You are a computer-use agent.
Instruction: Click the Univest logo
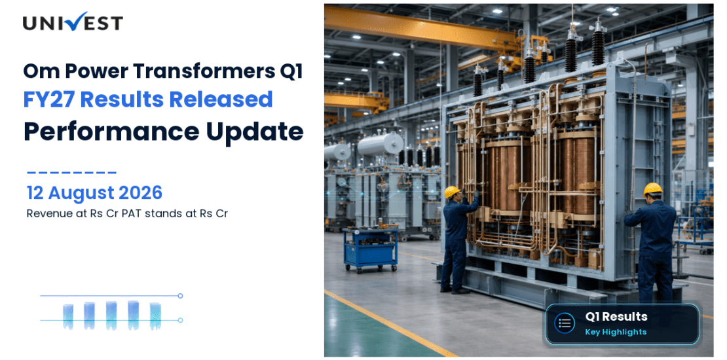click(x=73, y=22)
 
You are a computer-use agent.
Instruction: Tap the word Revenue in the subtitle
click(x=44, y=214)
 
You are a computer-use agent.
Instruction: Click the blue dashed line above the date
click(x=71, y=173)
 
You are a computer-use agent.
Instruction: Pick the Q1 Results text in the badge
click(x=616, y=317)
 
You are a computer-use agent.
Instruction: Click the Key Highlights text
click(x=615, y=332)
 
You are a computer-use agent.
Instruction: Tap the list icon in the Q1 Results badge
click(x=565, y=323)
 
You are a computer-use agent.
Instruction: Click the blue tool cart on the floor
click(x=371, y=249)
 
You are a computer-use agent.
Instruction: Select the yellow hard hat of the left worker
click(x=453, y=191)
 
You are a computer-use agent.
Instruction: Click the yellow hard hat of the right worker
click(x=652, y=189)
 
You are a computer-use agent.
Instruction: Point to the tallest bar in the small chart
click(x=133, y=315)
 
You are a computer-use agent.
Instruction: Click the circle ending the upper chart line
click(x=180, y=296)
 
